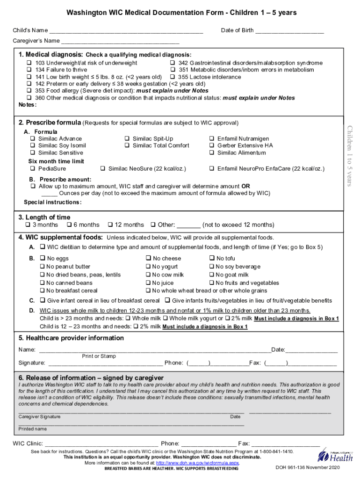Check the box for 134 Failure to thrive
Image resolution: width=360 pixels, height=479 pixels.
click(29, 70)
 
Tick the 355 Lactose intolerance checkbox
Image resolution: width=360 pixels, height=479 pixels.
click(173, 77)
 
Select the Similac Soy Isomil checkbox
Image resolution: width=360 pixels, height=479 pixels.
click(33, 145)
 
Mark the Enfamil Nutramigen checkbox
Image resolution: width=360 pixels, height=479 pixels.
click(212, 139)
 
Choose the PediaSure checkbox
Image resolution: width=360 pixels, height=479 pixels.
click(33, 168)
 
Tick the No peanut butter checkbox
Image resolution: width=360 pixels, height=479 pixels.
click(43, 267)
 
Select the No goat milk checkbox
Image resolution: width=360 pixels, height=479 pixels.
click(211, 275)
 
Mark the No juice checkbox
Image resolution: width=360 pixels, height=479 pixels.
click(148, 283)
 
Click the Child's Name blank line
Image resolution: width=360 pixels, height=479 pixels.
click(126, 32)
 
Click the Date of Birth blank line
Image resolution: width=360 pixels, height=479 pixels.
click(289, 32)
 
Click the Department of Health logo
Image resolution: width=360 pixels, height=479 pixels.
click(335, 455)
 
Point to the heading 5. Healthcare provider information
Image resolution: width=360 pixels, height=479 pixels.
click(71, 338)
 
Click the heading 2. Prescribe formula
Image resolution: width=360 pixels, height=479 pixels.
click(50, 123)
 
